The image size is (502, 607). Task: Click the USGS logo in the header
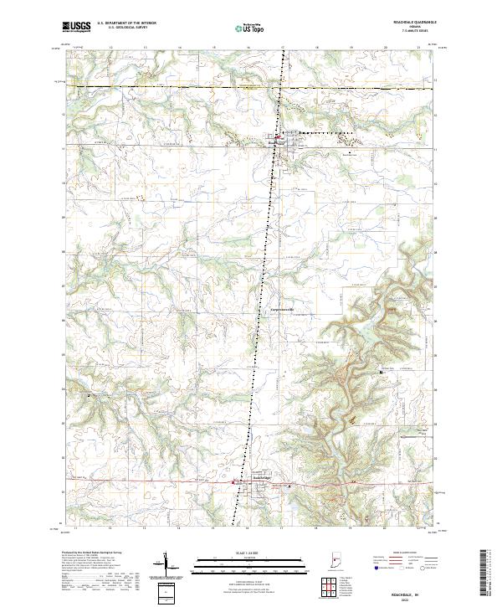tap(77, 27)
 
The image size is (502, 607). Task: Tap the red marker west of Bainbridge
tap(234, 482)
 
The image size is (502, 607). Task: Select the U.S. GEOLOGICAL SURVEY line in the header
tap(125, 28)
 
